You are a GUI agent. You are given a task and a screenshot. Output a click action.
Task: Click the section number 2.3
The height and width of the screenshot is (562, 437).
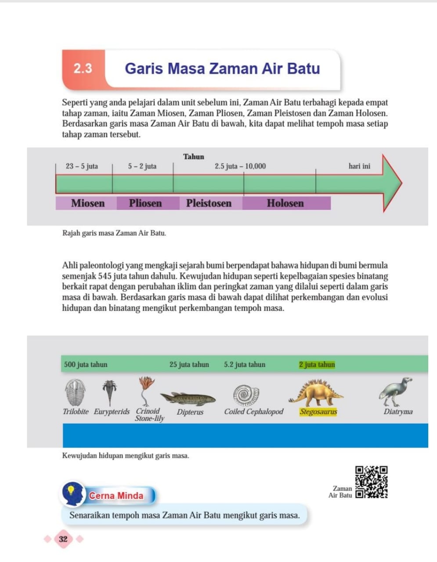(x=83, y=68)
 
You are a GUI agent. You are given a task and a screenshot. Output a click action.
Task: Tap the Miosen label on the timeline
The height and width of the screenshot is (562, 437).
(x=88, y=203)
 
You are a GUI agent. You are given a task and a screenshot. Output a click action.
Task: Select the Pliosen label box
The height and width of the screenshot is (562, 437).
(x=145, y=203)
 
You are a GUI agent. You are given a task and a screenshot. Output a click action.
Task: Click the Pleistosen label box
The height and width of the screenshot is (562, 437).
(x=209, y=203)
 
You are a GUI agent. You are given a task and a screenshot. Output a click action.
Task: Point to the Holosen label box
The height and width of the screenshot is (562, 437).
(x=285, y=203)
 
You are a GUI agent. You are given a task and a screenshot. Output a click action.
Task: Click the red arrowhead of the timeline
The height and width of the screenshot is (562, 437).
(x=391, y=183)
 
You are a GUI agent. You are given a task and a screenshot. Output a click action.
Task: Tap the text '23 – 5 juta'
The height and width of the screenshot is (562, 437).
(x=82, y=166)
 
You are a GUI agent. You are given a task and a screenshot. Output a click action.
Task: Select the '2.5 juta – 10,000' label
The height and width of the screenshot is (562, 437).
(x=240, y=166)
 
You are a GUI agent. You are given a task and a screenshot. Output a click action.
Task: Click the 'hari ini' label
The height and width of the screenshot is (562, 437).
(x=359, y=166)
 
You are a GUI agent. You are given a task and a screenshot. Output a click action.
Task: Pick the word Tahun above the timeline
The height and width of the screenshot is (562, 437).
(x=194, y=157)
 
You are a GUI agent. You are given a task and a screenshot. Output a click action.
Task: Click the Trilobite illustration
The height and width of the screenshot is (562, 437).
(x=75, y=392)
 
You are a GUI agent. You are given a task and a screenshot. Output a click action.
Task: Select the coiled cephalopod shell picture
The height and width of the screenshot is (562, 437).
(x=246, y=395)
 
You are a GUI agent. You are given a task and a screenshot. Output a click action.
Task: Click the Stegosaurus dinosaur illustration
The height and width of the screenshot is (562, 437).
(x=316, y=393)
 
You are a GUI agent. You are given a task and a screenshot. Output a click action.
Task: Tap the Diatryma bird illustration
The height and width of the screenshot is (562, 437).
(x=396, y=391)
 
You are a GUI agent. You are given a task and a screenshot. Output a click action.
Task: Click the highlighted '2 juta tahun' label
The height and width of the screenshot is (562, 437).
(x=317, y=364)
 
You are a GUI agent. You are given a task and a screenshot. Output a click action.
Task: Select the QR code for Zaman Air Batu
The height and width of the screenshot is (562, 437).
(x=371, y=482)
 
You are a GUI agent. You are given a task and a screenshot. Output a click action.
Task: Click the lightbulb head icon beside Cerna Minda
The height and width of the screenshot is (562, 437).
(x=73, y=494)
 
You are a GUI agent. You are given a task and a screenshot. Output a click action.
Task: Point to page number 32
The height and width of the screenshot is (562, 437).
(x=63, y=539)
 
